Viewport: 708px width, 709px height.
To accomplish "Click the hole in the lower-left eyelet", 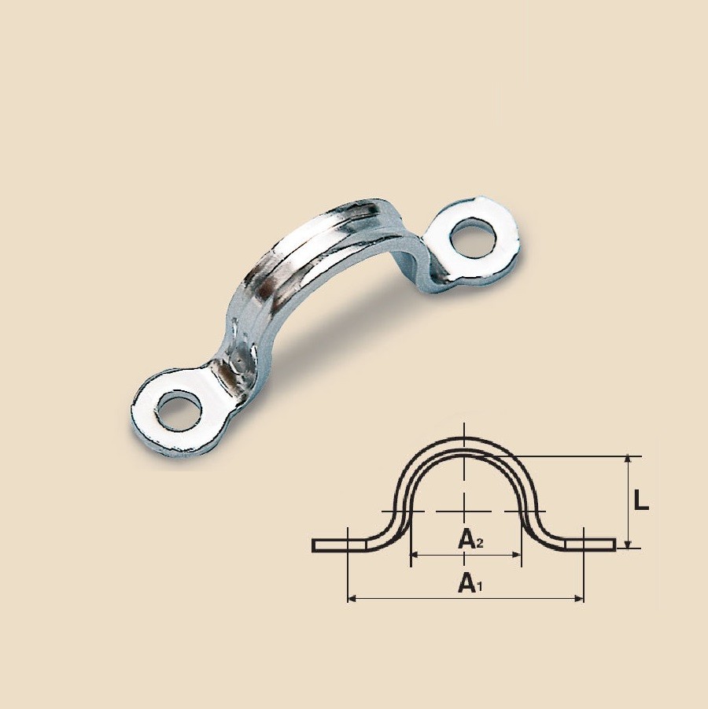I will tap(178, 411).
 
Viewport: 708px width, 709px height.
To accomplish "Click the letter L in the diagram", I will tap(641, 501).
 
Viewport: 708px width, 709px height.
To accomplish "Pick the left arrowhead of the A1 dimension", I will tap(352, 600).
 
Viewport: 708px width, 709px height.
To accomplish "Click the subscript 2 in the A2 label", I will tap(479, 544).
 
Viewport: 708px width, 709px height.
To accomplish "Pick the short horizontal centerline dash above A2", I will tap(465, 511).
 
